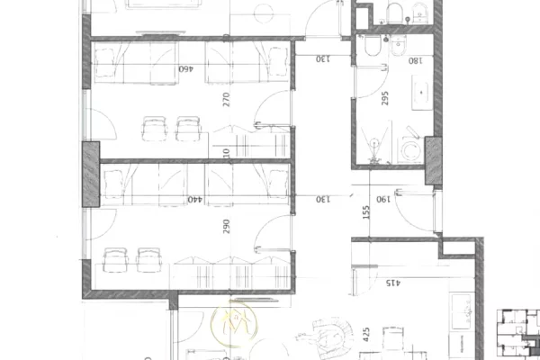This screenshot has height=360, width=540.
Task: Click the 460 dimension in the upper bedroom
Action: tap(186, 68)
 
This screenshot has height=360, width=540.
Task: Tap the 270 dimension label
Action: tap(227, 98)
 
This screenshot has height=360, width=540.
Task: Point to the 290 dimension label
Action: tap(226, 226)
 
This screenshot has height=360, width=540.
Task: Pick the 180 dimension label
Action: tap(415, 61)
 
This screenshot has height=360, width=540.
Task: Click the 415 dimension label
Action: tap(393, 283)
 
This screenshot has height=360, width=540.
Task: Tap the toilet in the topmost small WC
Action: tap(393, 12)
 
